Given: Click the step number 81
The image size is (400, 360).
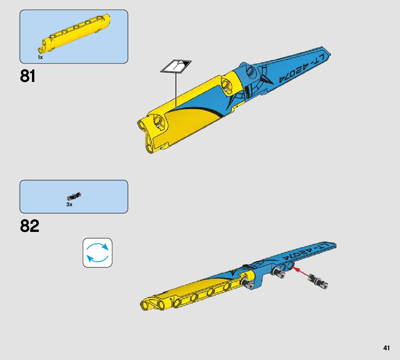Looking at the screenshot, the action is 28,76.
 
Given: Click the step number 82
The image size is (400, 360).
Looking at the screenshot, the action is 30,226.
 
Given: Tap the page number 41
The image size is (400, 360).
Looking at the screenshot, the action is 386,348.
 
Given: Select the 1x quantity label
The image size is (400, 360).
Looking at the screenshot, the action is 40,57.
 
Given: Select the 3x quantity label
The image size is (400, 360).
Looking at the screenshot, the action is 70,204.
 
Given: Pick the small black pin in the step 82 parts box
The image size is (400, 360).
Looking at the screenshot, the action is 74,196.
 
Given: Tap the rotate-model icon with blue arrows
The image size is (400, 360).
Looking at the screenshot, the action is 97,252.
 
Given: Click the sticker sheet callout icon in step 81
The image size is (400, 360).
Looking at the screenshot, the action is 176,66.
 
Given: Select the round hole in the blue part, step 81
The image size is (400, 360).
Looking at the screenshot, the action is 251,72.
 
